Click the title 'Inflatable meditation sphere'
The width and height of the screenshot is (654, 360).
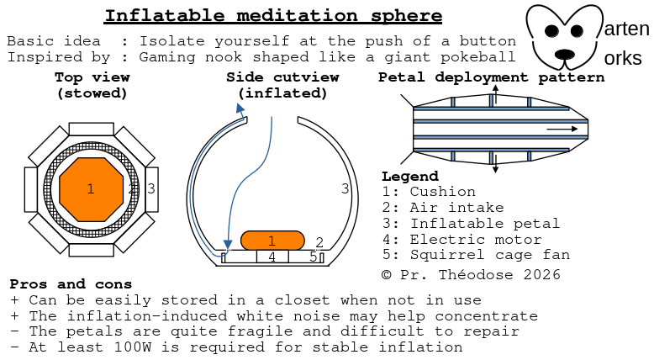coord(273,16)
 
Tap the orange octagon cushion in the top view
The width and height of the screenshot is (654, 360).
coord(91,188)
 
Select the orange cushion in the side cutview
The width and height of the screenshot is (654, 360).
coord(272,240)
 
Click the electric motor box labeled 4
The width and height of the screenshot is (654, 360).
coord(272,257)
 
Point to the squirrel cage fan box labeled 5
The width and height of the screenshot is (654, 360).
coord(311,257)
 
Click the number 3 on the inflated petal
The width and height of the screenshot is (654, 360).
coord(345,188)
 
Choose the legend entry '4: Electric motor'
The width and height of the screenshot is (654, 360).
coord(466,239)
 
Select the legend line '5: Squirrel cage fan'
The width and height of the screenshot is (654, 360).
coord(475,255)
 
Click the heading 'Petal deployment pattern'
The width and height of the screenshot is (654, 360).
coord(491,77)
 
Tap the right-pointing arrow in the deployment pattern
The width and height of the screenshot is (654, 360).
coord(563,130)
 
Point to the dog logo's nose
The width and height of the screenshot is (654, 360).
coord(564,54)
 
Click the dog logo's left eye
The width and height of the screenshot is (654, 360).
coord(551,30)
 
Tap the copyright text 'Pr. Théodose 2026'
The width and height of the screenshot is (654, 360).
coord(480,275)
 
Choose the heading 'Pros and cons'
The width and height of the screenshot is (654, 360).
coord(71,284)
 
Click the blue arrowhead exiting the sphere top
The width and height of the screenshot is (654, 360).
coord(240,108)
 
